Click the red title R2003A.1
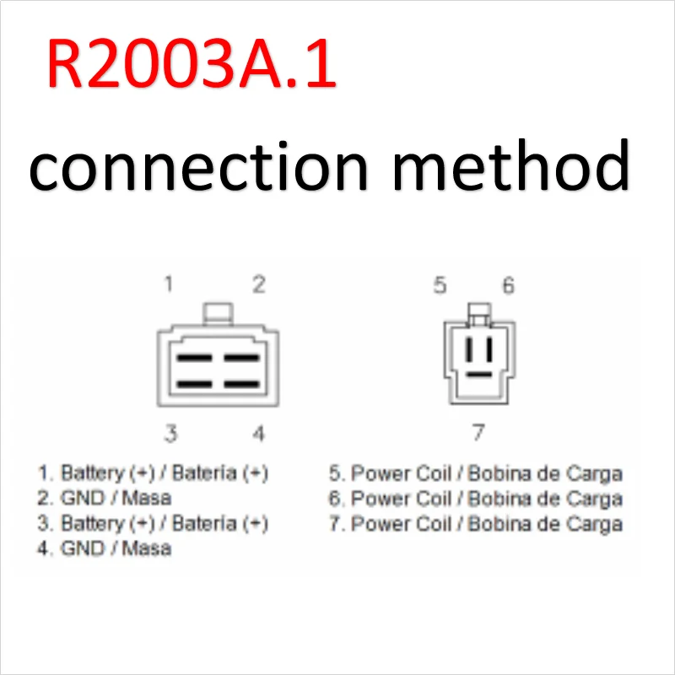pyautogui.click(x=192, y=64)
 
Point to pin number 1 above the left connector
pyautogui.click(x=169, y=283)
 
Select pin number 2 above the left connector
pyautogui.click(x=258, y=283)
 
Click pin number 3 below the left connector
pyautogui.click(x=170, y=434)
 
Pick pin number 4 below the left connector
pyautogui.click(x=259, y=434)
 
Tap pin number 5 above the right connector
pyautogui.click(x=440, y=285)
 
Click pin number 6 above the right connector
pyautogui.click(x=508, y=285)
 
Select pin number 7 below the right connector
pyautogui.click(x=478, y=433)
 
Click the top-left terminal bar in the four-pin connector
pyautogui.click(x=194, y=358)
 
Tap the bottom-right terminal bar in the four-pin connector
pyautogui.click(x=241, y=385)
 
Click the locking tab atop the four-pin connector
pyautogui.click(x=218, y=313)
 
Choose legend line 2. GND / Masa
pyautogui.click(x=105, y=498)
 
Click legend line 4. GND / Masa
pyautogui.click(x=105, y=548)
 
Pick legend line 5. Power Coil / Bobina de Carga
pyautogui.click(x=476, y=472)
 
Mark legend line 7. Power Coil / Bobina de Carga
pyautogui.click(x=476, y=523)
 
